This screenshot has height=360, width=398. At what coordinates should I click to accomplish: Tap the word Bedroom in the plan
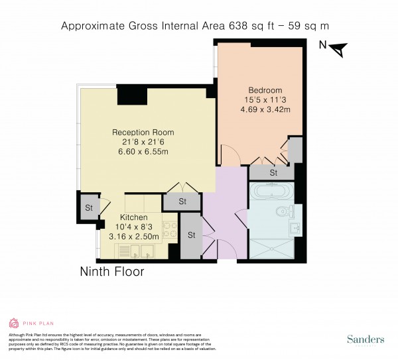(265, 90)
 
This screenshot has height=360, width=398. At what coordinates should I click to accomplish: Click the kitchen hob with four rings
(168, 231)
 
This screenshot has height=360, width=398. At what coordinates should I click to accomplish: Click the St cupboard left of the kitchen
(88, 208)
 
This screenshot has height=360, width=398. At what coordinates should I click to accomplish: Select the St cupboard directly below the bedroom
(273, 172)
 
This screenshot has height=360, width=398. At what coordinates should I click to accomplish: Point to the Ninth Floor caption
(111, 272)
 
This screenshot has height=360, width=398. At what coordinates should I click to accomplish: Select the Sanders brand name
(365, 339)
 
